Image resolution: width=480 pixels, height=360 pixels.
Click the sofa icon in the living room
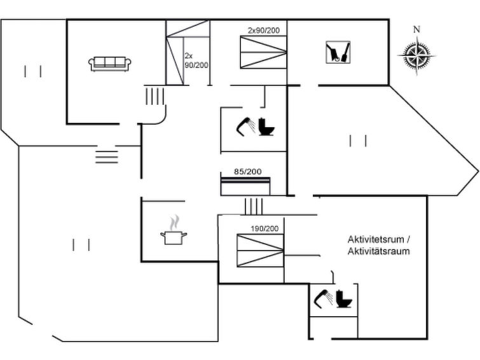tap(111, 63)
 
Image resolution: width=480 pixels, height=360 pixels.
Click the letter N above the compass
tap(416, 29)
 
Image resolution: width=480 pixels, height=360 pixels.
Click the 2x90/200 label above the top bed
tap(264, 30)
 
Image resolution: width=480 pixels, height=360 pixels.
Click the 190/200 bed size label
tap(264, 228)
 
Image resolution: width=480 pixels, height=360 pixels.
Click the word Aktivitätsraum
tap(378, 251)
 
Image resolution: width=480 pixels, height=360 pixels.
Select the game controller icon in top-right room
tap(338, 53)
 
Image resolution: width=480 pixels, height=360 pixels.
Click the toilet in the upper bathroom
tap(268, 127)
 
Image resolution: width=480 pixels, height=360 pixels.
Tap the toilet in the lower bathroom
tap(346, 298)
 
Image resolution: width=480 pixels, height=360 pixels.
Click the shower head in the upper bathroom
tap(244, 125)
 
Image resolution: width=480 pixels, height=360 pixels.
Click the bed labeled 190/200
tap(259, 250)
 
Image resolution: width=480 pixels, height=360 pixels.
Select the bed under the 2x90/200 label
tap(263, 52)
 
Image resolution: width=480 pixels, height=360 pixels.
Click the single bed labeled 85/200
tap(247, 186)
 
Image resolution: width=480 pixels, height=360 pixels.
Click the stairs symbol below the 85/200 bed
tap(253, 206)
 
